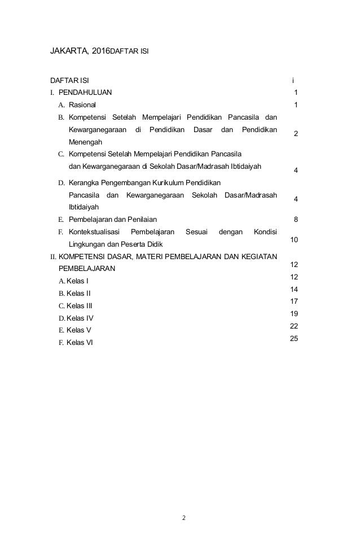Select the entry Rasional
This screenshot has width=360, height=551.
click(x=82, y=104)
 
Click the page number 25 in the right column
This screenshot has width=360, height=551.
click(x=293, y=338)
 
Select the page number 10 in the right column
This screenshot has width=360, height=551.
click(x=294, y=240)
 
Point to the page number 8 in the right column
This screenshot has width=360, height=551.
click(x=296, y=219)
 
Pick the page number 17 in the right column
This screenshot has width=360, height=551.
click(x=293, y=301)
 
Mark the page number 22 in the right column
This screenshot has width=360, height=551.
click(x=293, y=326)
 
